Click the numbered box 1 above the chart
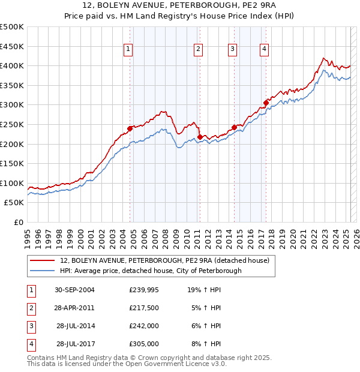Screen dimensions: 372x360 point(129,50)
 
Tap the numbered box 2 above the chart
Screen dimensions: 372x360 point(198,50)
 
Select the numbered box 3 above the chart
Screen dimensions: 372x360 point(232,50)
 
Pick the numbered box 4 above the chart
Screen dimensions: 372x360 point(264,50)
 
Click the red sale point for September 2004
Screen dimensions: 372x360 point(130,128)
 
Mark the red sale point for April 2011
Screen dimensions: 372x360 point(199,137)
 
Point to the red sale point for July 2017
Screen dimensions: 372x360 point(266,103)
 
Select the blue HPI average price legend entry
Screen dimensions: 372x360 point(151,271)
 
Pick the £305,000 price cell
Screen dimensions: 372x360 point(144,344)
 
